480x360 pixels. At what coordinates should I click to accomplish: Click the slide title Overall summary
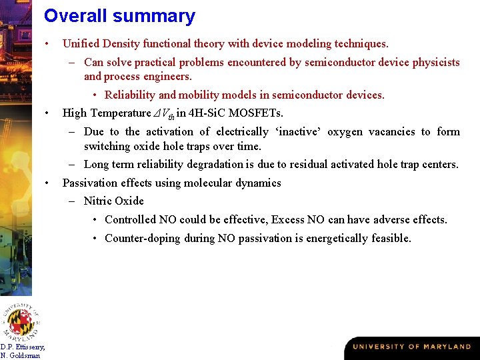[119, 16]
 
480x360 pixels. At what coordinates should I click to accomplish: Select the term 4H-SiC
[209, 113]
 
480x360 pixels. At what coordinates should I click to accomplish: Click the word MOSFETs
[257, 113]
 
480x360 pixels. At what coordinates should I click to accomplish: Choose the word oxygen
[345, 132]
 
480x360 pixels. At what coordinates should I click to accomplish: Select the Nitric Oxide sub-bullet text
[113, 201]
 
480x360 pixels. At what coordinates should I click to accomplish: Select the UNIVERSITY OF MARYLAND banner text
[411, 347]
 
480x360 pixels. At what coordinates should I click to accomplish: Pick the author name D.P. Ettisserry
[23, 347]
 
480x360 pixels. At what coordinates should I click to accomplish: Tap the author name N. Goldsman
[20, 355]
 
